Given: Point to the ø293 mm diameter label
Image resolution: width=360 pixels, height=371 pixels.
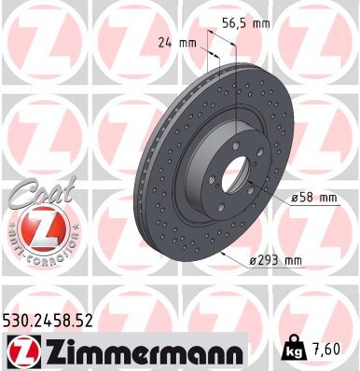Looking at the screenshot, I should (x=278, y=263).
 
